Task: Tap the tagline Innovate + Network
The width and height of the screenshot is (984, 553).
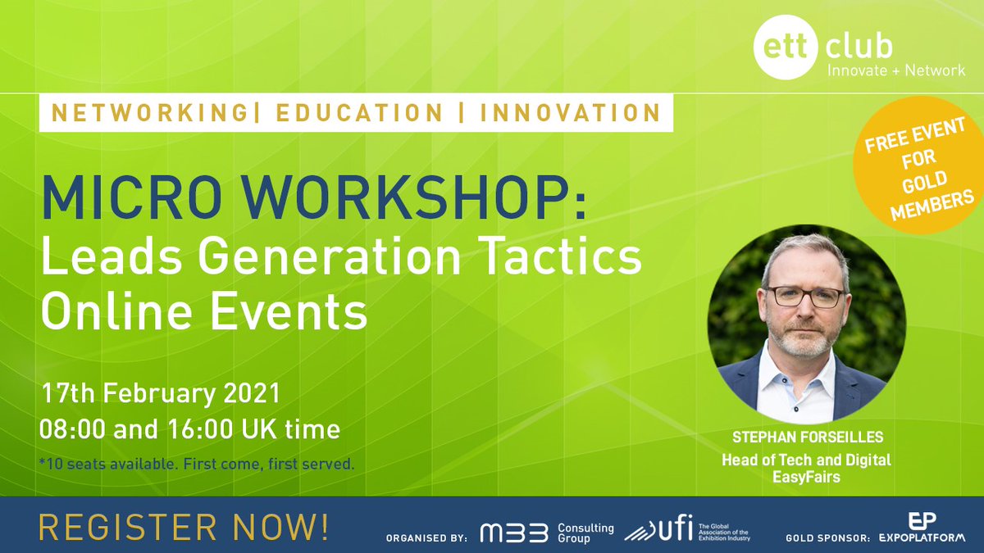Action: pyautogui.click(x=896, y=70)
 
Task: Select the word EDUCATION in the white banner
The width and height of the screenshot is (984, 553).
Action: pyautogui.click(x=358, y=113)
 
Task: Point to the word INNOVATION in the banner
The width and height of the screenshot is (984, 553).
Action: pyautogui.click(x=571, y=113)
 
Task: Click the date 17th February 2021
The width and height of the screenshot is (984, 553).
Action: pyautogui.click(x=161, y=393)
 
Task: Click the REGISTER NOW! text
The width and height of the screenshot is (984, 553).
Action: pyautogui.click(x=184, y=526)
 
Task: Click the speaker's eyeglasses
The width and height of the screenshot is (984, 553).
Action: pyautogui.click(x=804, y=296)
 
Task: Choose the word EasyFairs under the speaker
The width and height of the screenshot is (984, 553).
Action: pyautogui.click(x=806, y=476)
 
